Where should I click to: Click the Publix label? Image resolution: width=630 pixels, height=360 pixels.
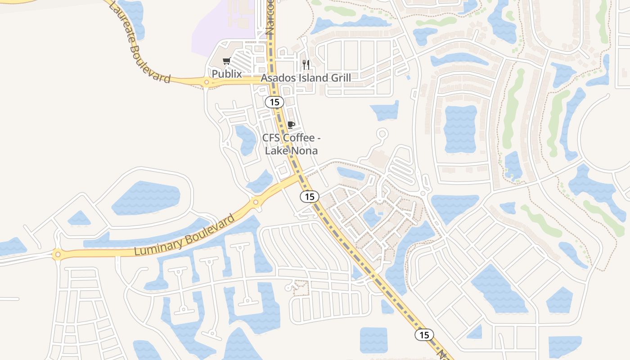pyautogui.click(x=227, y=74)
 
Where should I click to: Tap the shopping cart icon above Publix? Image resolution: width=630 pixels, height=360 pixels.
pyautogui.click(x=227, y=61)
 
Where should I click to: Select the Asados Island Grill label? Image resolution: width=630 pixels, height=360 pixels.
pyautogui.click(x=306, y=78)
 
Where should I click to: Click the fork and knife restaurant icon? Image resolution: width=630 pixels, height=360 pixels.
pyautogui.click(x=306, y=64)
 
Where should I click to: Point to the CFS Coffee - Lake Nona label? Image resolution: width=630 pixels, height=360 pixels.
pyautogui.click(x=291, y=144)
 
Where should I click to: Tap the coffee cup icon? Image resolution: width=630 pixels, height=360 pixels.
pyautogui.click(x=291, y=125)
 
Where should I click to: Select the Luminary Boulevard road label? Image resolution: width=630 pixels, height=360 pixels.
pyautogui.click(x=184, y=235)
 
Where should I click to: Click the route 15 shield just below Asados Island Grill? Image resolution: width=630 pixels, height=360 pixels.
pyautogui.click(x=274, y=102)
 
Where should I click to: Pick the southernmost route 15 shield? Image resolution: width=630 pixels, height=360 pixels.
pyautogui.click(x=424, y=335)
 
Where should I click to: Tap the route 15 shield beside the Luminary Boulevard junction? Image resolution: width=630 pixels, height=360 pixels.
pyautogui.click(x=309, y=196)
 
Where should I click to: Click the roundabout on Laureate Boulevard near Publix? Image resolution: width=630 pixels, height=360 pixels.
pyautogui.click(x=207, y=82)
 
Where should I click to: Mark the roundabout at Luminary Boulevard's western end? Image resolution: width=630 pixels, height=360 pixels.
pyautogui.click(x=57, y=255)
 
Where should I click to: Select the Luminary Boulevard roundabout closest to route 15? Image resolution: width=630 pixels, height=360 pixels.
pyautogui.click(x=256, y=202)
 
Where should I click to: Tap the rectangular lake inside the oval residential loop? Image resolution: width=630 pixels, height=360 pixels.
pyautogui.click(x=460, y=129)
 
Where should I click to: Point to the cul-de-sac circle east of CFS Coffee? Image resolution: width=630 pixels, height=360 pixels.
pyautogui.click(x=382, y=134)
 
